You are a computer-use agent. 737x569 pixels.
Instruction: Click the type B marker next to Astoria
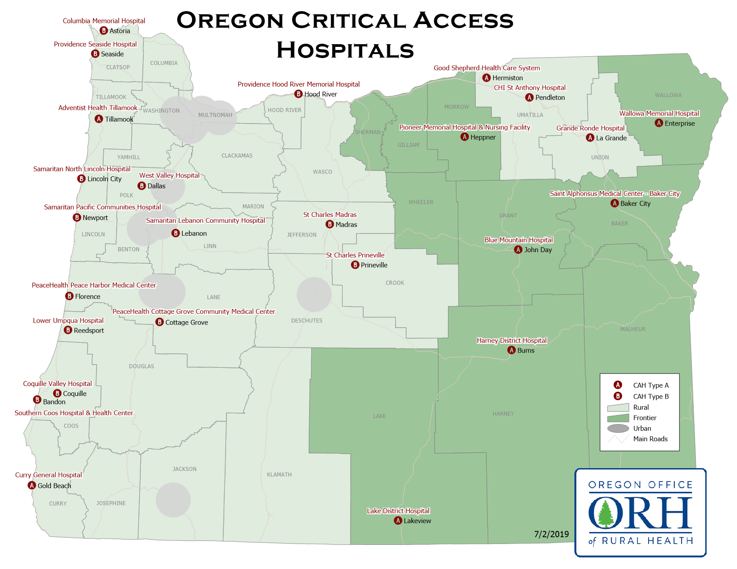[104, 31]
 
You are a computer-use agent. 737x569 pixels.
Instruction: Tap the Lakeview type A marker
[398, 521]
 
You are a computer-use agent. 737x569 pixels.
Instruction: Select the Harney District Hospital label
[511, 341]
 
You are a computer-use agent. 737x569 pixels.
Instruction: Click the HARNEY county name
[503, 414]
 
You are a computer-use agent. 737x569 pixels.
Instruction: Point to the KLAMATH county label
[279, 474]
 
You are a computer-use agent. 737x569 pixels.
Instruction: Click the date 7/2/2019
[551, 534]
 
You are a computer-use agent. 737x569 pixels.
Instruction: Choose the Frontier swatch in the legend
[618, 418]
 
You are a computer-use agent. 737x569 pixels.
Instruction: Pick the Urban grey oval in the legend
[618, 428]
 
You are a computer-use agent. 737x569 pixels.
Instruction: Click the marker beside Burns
[512, 350]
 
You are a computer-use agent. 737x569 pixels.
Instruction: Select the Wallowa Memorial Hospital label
[659, 113]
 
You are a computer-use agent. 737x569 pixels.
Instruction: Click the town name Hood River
[320, 94]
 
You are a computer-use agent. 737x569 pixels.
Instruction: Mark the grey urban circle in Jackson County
[173, 500]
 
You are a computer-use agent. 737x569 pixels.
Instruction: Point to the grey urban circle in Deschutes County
[314, 295]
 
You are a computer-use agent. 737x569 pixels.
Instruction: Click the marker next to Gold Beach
[32, 486]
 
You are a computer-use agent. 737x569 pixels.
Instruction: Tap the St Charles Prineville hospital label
[355, 255]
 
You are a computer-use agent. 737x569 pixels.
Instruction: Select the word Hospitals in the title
[345, 50]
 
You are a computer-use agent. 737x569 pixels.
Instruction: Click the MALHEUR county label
[632, 329]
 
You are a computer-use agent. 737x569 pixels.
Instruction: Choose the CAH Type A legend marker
[618, 385]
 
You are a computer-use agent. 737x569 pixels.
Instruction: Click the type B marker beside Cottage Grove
[159, 322]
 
